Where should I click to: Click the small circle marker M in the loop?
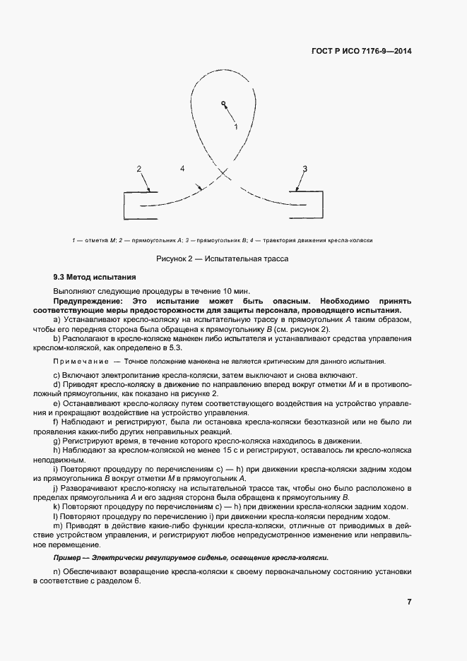click(223, 103)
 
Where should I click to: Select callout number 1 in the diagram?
click(236, 126)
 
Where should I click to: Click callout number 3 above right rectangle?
click(305, 168)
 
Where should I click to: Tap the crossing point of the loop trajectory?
click(224, 172)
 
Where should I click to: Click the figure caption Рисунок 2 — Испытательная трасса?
click(222, 258)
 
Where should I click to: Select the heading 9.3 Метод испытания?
click(94, 278)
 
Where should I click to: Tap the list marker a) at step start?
click(57, 320)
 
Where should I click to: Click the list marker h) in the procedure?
click(57, 449)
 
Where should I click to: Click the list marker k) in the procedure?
click(57, 506)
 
